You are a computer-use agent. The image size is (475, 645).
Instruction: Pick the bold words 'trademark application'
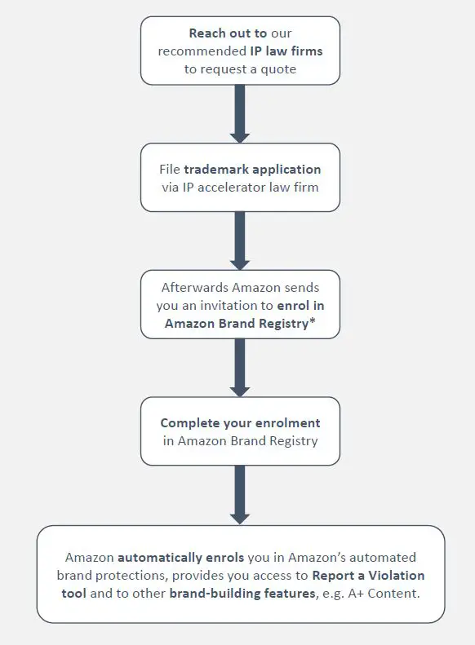252,170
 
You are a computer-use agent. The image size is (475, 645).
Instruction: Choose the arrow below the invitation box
239,367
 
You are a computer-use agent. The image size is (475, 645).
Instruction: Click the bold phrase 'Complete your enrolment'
240,423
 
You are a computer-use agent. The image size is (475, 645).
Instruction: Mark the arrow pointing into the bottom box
239,495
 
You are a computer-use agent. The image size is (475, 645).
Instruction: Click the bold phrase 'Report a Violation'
368,576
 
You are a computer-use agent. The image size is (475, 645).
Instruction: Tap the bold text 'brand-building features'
242,594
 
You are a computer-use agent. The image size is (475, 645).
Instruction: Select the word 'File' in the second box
170,170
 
